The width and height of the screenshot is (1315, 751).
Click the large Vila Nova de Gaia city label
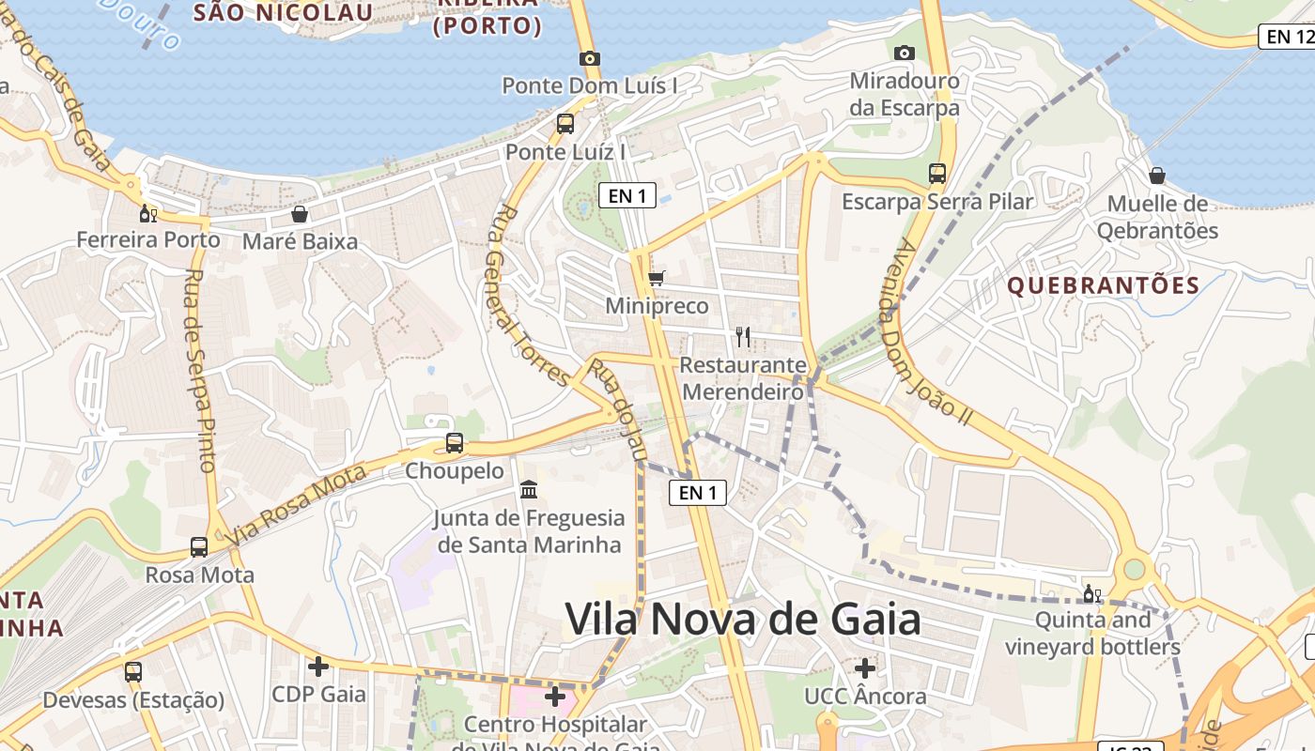[x=743, y=620]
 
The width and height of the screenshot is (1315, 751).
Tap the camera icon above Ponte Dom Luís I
[x=589, y=58]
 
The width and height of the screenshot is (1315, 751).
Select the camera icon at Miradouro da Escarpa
[x=905, y=53]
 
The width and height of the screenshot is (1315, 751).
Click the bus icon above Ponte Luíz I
[x=565, y=123]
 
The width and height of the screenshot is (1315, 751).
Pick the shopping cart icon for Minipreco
[x=657, y=278]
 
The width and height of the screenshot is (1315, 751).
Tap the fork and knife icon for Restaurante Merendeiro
[x=743, y=336]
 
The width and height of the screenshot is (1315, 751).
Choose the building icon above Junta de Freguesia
[x=529, y=489]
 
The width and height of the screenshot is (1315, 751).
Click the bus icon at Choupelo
[x=455, y=442]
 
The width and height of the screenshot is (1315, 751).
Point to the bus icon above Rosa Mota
[x=199, y=546]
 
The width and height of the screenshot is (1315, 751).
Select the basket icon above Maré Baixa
[x=300, y=214]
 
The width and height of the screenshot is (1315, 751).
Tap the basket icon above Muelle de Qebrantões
[x=1157, y=176]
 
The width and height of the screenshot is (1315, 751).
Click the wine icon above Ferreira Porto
[x=147, y=213]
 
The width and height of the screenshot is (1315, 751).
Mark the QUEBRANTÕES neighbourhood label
[x=1104, y=285]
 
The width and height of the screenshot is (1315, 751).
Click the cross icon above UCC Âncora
[x=865, y=668]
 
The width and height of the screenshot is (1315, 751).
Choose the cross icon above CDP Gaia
[x=318, y=667]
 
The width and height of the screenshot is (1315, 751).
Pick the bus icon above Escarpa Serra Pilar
[x=936, y=173]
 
